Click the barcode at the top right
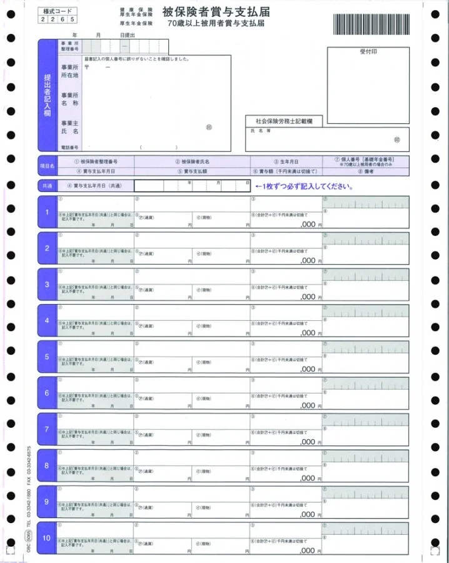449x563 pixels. point(371,24)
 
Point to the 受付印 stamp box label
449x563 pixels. point(368,52)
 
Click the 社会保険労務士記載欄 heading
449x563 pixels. point(283,120)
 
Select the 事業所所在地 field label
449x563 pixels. point(69,71)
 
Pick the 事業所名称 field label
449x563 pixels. point(69,99)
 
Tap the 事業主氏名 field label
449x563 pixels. point(69,128)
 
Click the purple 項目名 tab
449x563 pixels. point(47,166)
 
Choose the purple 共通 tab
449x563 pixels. point(47,186)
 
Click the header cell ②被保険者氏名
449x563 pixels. point(192,161)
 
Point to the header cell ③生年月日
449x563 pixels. point(286,161)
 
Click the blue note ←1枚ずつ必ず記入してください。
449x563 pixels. point(304,186)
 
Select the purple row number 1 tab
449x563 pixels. point(46,212)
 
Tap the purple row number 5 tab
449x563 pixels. point(46,357)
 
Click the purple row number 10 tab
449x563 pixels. point(46,538)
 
